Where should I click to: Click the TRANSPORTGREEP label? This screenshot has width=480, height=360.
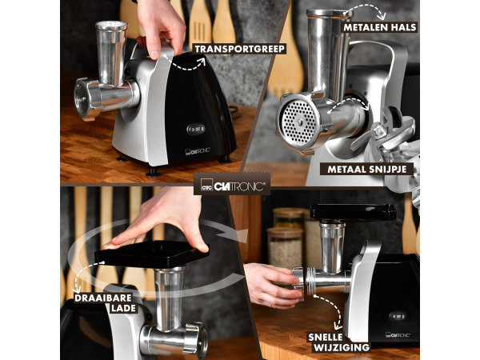pyautogui.click(x=239, y=49)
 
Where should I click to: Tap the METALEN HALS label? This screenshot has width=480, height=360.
pyautogui.click(x=379, y=27)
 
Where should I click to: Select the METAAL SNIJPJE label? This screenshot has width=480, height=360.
pyautogui.click(x=366, y=169)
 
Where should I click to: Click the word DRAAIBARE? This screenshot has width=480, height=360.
pyautogui.click(x=103, y=298)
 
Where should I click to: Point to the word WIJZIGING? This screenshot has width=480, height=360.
pyautogui.click(x=342, y=348)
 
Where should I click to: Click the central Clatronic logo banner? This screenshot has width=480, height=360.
pyautogui.click(x=232, y=184)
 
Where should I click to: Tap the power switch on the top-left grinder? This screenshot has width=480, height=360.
pyautogui.click(x=195, y=129)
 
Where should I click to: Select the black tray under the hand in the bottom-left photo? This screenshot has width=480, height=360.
pyautogui.click(x=151, y=254)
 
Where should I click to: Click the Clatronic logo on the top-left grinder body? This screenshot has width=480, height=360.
pyautogui.click(x=198, y=151)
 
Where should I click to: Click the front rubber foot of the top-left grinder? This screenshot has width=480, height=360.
pyautogui.click(x=153, y=172)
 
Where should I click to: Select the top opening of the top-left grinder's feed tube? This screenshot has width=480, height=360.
pyautogui.click(x=111, y=25)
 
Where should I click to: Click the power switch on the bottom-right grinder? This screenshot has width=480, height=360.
pyautogui.click(x=398, y=316)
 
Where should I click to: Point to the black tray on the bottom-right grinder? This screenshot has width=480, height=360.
pyautogui.click(x=353, y=212)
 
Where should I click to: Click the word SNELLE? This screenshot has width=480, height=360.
pyautogui.click(x=325, y=338)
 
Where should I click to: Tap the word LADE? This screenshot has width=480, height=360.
pyautogui.click(x=124, y=308)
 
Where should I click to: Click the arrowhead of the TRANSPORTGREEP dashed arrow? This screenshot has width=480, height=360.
pyautogui.click(x=201, y=62)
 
